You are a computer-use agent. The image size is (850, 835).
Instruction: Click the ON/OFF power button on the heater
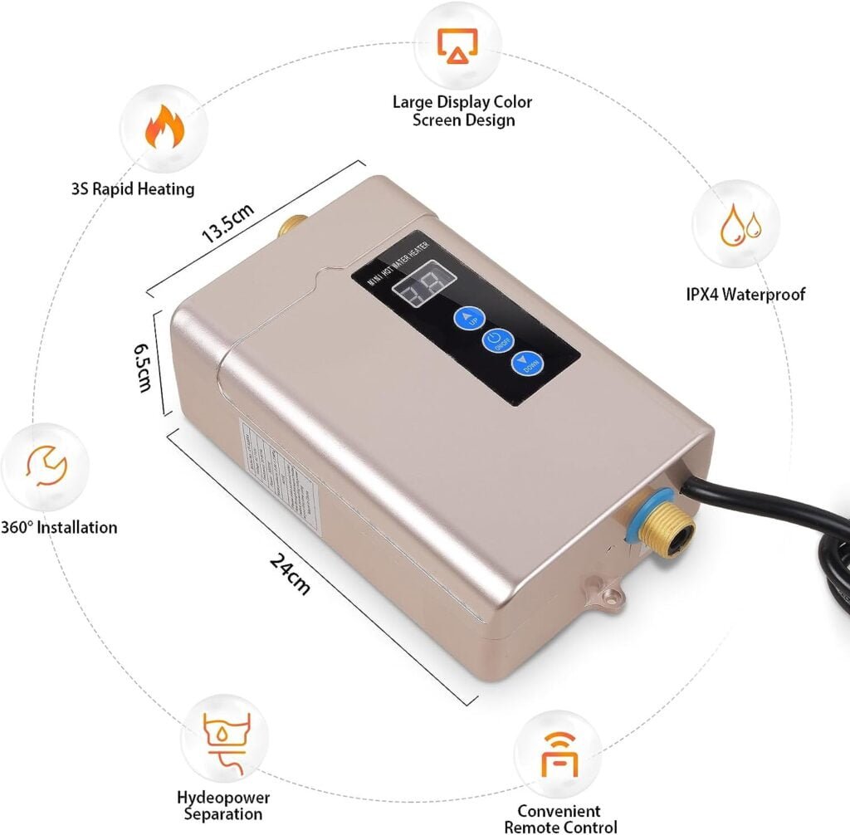(496, 341)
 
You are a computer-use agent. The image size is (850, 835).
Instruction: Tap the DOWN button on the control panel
(525, 366)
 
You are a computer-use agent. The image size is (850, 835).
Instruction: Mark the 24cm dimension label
(291, 572)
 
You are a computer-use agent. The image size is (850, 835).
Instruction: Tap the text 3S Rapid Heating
(133, 188)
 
